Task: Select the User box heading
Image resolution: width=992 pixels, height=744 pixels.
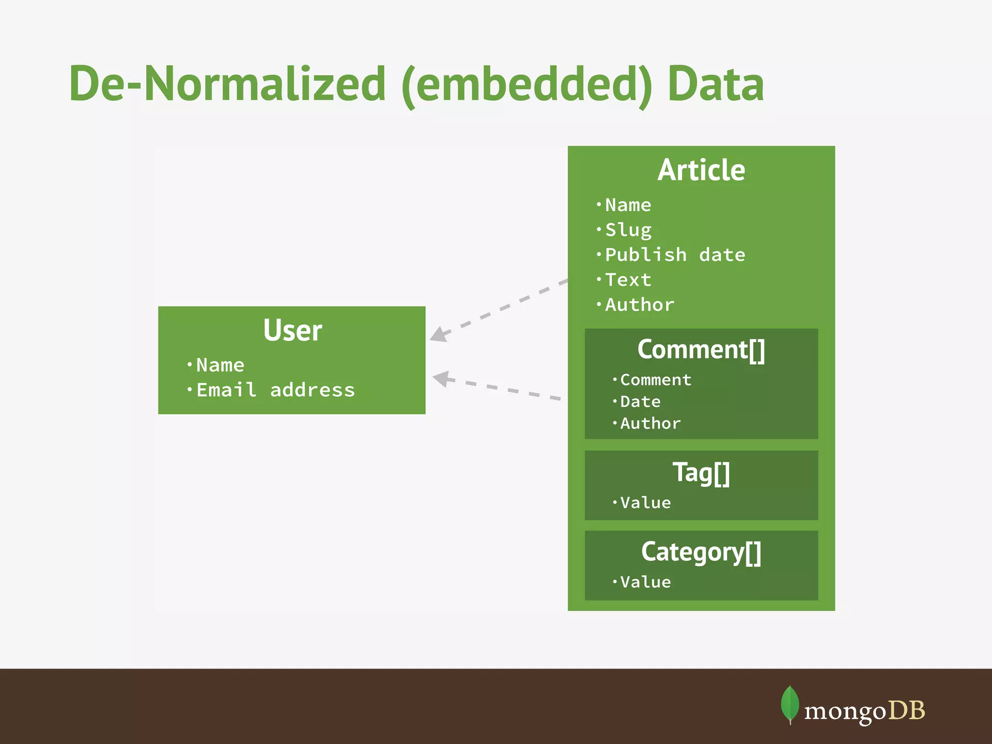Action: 293,330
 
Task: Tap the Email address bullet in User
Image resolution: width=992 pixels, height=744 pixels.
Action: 275,390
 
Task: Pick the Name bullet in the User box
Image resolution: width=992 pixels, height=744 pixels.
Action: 220,365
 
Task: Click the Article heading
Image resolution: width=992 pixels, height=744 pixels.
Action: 701,170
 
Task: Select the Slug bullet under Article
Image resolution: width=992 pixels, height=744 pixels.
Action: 628,230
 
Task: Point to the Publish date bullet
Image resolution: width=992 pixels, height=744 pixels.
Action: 675,255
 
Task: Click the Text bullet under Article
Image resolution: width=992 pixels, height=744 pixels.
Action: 628,280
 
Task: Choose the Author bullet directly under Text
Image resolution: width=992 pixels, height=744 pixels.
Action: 639,305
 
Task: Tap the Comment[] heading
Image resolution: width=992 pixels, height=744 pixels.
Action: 701,349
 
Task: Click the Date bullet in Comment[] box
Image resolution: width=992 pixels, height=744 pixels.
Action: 640,402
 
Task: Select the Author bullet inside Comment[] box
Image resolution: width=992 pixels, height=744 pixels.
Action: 650,423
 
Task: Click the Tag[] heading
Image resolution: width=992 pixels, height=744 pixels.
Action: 701,472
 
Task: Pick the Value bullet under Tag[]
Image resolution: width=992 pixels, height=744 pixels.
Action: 645,503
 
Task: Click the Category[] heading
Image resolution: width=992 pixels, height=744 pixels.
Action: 701,552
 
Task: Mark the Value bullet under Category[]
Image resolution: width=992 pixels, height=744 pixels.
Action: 645,582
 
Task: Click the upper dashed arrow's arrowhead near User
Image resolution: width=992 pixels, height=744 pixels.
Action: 438,335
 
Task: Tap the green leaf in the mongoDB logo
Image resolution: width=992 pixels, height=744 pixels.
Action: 790,704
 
